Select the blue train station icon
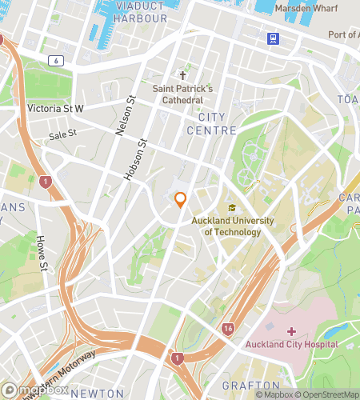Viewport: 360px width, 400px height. pyautogui.click(x=274, y=38)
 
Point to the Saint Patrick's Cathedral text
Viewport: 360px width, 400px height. pyautogui.click(x=182, y=94)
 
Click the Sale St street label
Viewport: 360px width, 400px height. pyautogui.click(x=62, y=135)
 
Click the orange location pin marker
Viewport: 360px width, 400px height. pyautogui.click(x=181, y=199)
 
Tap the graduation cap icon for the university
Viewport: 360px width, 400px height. pyautogui.click(x=232, y=209)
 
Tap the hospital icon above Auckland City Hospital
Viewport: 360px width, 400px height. pyautogui.click(x=291, y=330)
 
